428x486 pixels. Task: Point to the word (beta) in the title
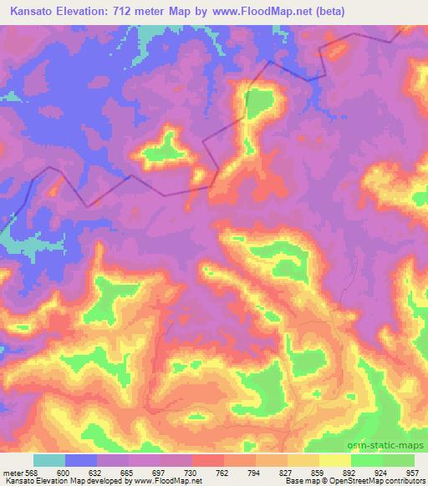[x=328, y=12]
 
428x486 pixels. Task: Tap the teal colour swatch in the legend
[x=49, y=460]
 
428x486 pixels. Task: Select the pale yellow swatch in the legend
[x=335, y=460]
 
